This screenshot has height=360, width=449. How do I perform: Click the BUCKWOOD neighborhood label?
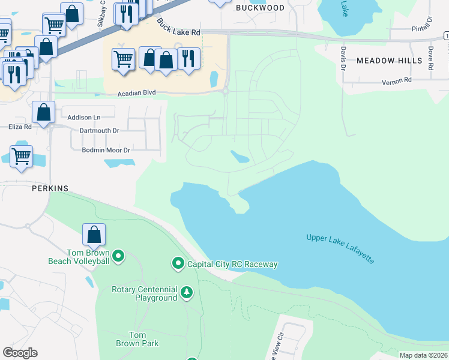pyautogui.click(x=260, y=8)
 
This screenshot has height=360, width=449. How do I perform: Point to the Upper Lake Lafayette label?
pyautogui.click(x=340, y=248)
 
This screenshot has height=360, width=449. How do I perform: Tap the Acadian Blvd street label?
pyautogui.click(x=136, y=93)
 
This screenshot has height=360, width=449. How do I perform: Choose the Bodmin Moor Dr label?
pyautogui.click(x=106, y=149)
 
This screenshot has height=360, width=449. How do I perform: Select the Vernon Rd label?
pyautogui.click(x=397, y=80)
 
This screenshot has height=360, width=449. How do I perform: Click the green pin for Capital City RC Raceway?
pyautogui.click(x=178, y=263)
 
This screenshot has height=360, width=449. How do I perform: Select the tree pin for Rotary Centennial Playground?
pyautogui.click(x=187, y=292)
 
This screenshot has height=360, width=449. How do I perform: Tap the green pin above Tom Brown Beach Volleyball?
pyautogui.click(x=118, y=256)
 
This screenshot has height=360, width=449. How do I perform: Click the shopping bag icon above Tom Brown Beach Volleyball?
pyautogui.click(x=94, y=234)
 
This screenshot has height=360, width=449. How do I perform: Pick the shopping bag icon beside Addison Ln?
pyautogui.click(x=44, y=112)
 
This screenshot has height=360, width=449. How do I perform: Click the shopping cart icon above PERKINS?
pyautogui.click(x=21, y=156)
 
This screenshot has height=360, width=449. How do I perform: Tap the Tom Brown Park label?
pyautogui.click(x=137, y=339)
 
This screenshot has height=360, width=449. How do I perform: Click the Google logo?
pyautogui.click(x=20, y=353)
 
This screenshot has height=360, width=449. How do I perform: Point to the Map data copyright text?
pyautogui.click(x=423, y=355)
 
